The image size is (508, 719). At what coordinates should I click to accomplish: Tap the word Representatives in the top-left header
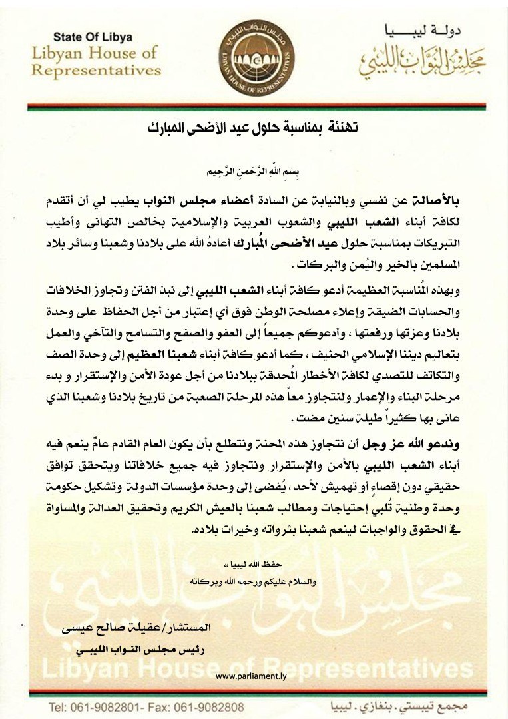point(97,69)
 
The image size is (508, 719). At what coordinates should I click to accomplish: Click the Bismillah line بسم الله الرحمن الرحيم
point(254,171)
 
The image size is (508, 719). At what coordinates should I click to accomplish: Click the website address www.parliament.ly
point(254,676)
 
